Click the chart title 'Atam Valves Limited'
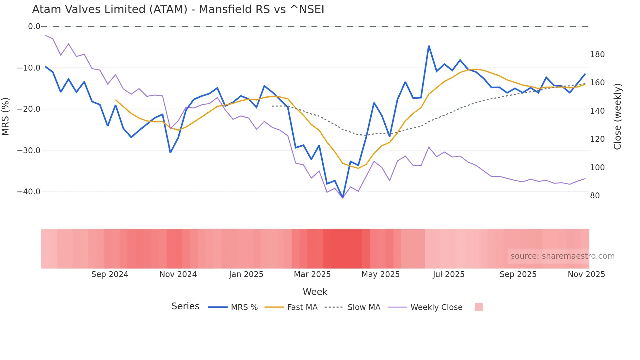[178, 9]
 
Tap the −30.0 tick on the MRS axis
[29, 151]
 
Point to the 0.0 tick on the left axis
[34, 26]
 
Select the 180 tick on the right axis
[597, 55]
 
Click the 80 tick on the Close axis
[595, 196]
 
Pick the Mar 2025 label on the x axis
[312, 274]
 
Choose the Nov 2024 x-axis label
[178, 274]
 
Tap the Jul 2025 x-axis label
[449, 274]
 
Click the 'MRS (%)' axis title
[6, 116]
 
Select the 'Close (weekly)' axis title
[617, 117]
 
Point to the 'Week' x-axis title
[315, 292]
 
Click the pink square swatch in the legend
[479, 307]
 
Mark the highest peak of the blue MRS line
[429, 46]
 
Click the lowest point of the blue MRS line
[343, 198]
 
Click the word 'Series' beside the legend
[185, 306]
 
